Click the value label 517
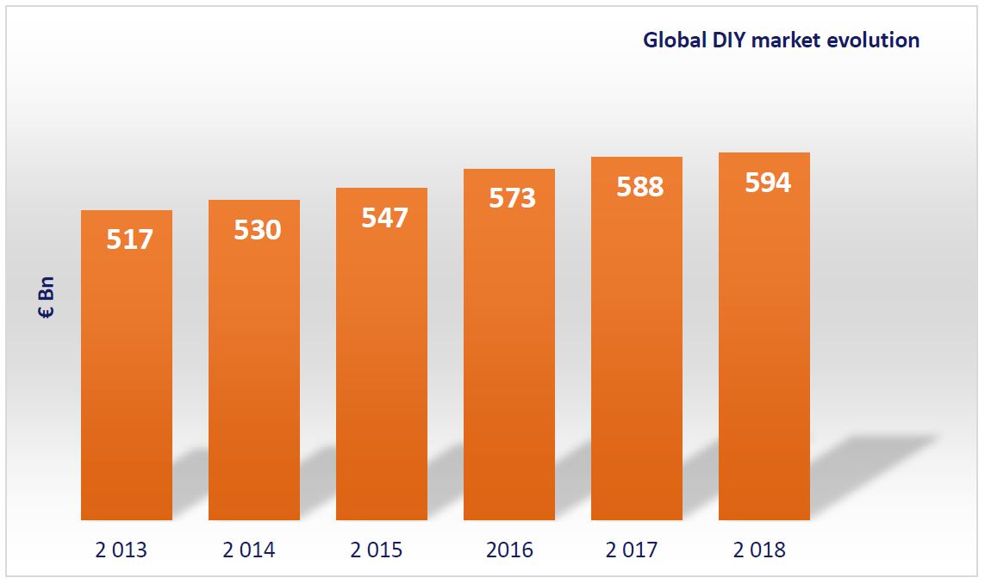pos(129,239)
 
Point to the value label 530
pos(258,230)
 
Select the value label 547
pos(384,217)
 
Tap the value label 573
pos(512,198)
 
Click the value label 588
pos(639,187)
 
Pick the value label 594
pos(767,183)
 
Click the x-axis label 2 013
pos(122,550)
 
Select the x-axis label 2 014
pos(249,550)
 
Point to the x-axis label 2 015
pos(377,550)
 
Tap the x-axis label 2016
pos(509,550)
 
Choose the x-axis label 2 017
pos(632,550)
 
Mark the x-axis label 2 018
pos(759,550)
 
